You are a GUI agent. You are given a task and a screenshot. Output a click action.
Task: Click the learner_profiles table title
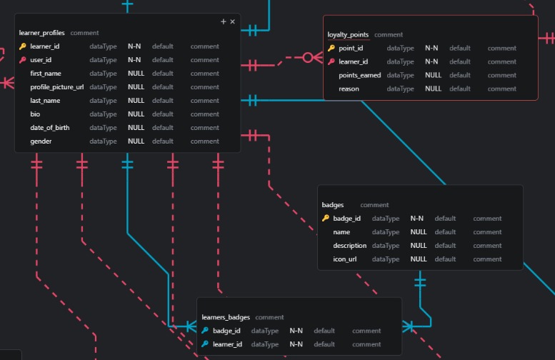pyautogui.click(x=42, y=33)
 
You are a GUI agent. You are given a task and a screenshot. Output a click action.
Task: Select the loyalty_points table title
pyautogui.click(x=348, y=34)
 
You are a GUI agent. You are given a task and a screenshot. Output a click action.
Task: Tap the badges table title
pyautogui.click(x=333, y=205)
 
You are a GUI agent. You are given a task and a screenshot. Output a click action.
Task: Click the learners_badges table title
pyautogui.click(x=226, y=317)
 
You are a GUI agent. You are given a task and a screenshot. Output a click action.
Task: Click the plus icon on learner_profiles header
pyautogui.click(x=224, y=22)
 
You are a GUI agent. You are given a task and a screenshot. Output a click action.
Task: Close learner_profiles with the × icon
pyautogui.click(x=232, y=22)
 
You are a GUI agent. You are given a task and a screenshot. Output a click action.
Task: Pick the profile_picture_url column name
pyautogui.click(x=57, y=87)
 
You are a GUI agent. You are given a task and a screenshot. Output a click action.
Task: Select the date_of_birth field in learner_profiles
pyautogui.click(x=50, y=128)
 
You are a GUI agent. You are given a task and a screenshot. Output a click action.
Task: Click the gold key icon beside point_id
pyautogui.click(x=331, y=49)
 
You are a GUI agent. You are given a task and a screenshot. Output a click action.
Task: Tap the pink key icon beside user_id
pyautogui.click(x=23, y=60)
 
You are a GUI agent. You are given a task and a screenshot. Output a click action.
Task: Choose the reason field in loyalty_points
pyautogui.click(x=349, y=89)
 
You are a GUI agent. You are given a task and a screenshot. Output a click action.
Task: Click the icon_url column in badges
pyautogui.click(x=345, y=259)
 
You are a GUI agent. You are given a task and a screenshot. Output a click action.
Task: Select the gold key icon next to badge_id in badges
pyautogui.click(x=326, y=219)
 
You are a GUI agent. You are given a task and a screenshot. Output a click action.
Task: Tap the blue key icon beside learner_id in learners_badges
pyautogui.click(x=205, y=344)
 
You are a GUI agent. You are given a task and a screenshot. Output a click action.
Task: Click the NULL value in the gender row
pyautogui.click(x=136, y=141)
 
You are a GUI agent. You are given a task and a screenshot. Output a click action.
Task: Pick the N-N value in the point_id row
pyautogui.click(x=431, y=49)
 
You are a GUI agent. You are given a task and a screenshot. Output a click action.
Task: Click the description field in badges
pyautogui.click(x=350, y=246)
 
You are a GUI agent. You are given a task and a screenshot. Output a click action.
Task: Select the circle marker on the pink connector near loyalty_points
pyautogui.click(x=308, y=57)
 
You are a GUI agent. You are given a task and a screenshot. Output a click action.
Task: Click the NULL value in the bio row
pyautogui.click(x=136, y=114)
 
